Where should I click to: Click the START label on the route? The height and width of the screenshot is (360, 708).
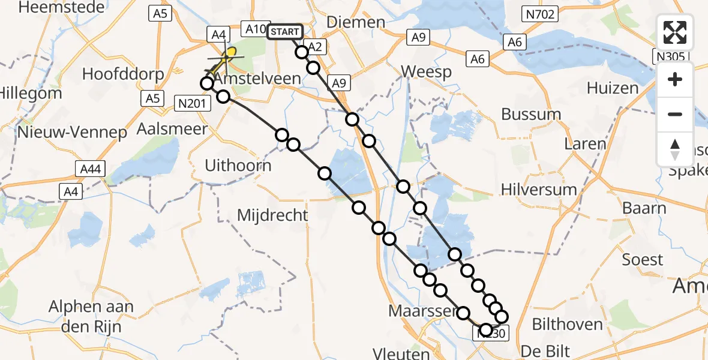coord(285,32)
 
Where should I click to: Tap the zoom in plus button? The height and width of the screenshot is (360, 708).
coord(675,79)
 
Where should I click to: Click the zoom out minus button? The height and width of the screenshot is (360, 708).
coord(675,114)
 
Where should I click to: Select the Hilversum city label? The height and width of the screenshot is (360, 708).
coord(539,190)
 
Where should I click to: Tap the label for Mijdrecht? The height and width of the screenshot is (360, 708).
coord(272,215)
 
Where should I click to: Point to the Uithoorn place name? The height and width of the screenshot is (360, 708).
coord(238,165)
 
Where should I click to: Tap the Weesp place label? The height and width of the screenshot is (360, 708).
coord(426,71)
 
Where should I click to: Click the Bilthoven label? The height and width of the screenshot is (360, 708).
coord(568,325)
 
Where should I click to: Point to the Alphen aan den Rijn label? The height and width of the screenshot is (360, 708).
coord(92,317)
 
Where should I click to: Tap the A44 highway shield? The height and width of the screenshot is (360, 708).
coord(90,170)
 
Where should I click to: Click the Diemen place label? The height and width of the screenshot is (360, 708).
coord(356,22)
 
